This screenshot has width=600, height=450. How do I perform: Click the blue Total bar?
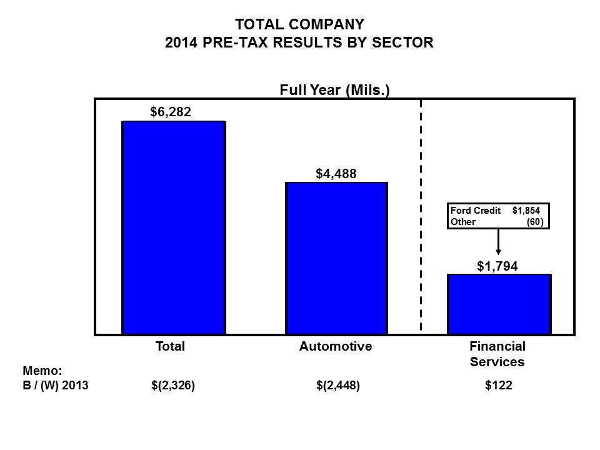[x=173, y=227]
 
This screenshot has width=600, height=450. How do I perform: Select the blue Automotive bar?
[x=336, y=258]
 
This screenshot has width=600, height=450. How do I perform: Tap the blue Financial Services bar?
[x=499, y=304]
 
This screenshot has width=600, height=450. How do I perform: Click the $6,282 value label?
[x=170, y=112]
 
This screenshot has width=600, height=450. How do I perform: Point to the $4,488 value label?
[x=336, y=174]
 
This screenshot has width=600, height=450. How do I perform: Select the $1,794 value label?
[x=497, y=267]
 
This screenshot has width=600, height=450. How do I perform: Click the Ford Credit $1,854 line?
[x=495, y=211]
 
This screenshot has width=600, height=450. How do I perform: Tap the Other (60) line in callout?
[x=495, y=222]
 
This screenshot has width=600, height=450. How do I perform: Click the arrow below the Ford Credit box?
[x=498, y=241]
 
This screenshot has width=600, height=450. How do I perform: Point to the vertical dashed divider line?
[x=421, y=216]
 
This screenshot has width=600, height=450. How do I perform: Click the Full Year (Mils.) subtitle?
[x=334, y=90]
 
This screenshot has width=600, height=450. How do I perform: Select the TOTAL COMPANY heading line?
[x=299, y=25]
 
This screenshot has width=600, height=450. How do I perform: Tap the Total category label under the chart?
[x=170, y=346]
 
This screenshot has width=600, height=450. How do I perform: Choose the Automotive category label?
[x=336, y=346]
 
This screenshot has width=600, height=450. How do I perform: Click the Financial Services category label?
[x=497, y=354]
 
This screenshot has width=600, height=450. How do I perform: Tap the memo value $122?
[x=498, y=386]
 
